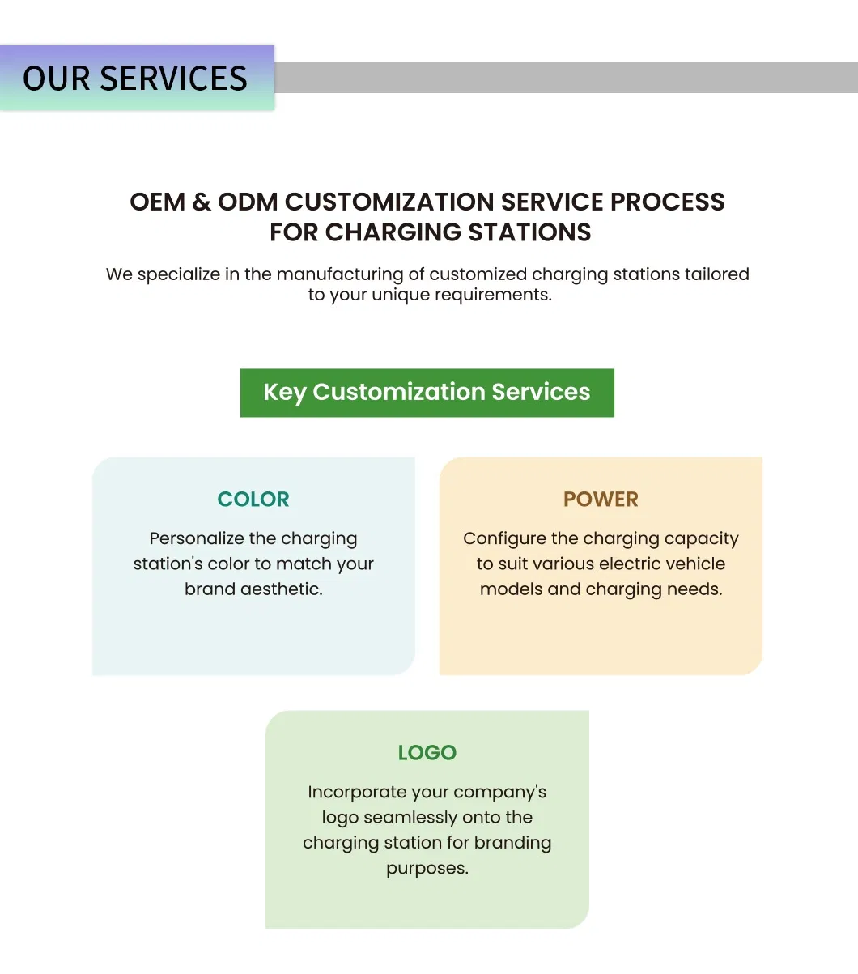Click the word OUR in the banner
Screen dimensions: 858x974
coord(56,78)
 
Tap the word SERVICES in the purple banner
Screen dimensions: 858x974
coord(173,78)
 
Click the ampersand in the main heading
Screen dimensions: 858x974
coord(202,202)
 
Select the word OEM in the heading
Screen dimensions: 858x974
coord(157,202)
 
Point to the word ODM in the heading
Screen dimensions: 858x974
coord(248,202)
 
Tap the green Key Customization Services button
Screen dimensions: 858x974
coord(427,393)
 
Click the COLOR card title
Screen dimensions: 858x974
coord(253,499)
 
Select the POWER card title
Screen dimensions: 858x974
coord(601,499)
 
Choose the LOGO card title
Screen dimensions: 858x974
coord(427,753)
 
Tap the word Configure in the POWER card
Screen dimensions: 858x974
coord(504,538)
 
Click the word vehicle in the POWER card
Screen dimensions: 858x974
coord(694,564)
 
